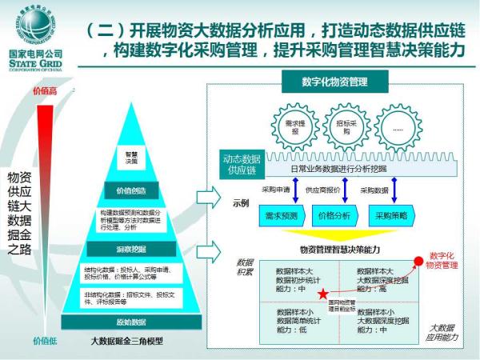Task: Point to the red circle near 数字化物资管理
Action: [x=418, y=261]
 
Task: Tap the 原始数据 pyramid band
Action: [x=129, y=322]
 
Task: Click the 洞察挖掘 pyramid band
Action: [x=129, y=250]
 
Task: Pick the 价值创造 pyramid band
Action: [x=130, y=192]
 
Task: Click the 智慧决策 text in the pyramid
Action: [x=130, y=156]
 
